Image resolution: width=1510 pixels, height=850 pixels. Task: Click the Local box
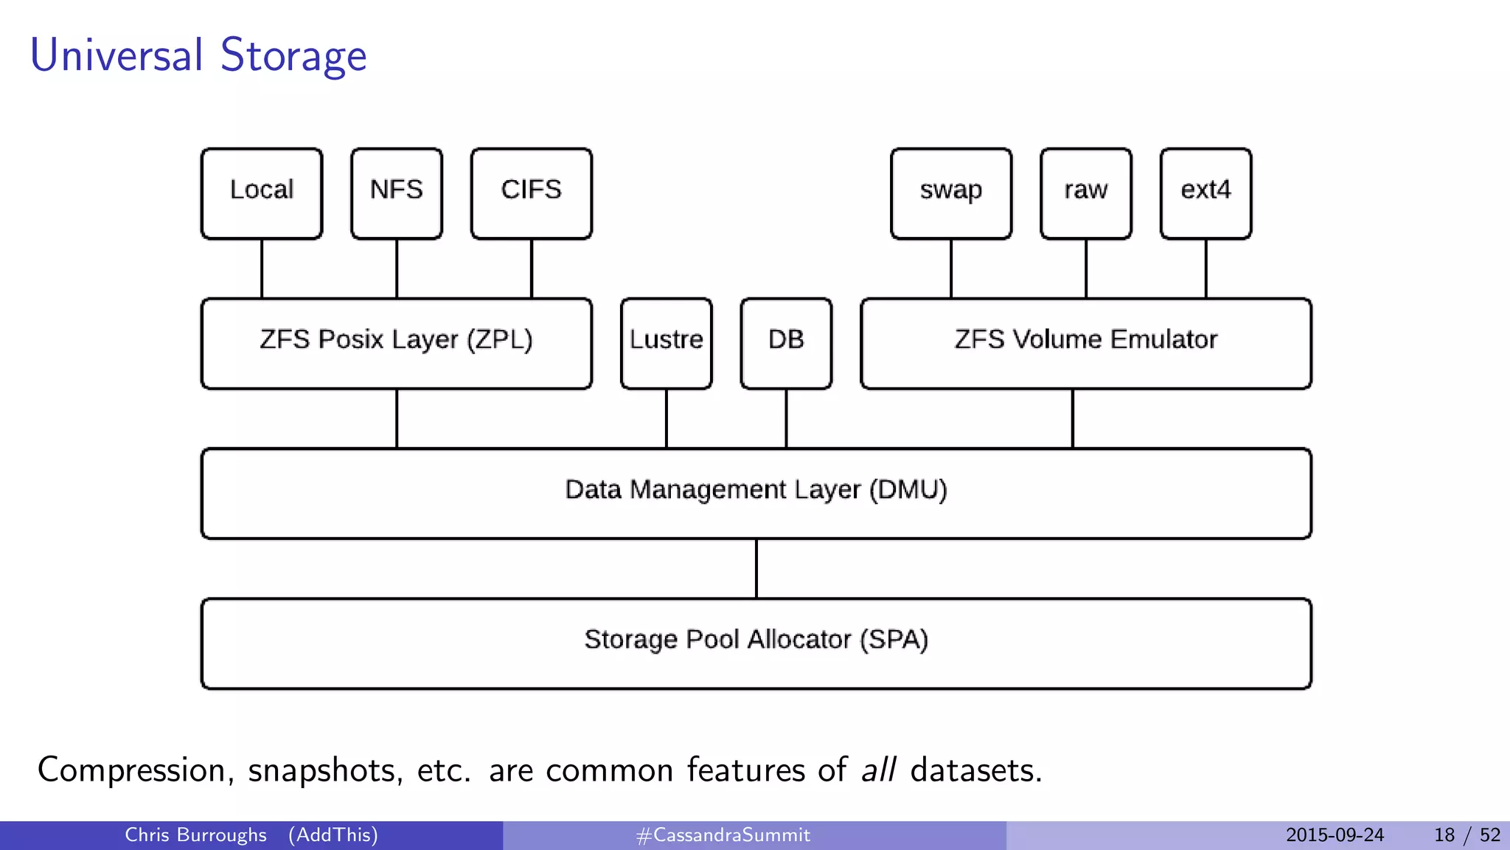(x=262, y=193)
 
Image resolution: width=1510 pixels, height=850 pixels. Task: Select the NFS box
(x=397, y=193)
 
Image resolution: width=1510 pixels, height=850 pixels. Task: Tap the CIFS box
(x=531, y=193)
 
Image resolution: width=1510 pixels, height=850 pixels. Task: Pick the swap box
(x=951, y=193)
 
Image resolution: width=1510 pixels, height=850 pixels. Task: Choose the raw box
(x=1086, y=193)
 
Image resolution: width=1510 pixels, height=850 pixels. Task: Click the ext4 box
(x=1205, y=193)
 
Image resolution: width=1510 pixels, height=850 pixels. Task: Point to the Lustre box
(x=667, y=343)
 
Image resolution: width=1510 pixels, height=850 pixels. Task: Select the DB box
(x=786, y=343)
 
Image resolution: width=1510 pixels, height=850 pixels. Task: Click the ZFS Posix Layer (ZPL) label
(x=397, y=339)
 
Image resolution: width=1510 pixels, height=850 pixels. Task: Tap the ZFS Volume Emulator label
(x=1086, y=339)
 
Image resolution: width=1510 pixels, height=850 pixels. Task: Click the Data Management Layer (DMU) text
(x=756, y=490)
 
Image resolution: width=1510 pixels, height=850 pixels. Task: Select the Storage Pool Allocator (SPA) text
(x=756, y=640)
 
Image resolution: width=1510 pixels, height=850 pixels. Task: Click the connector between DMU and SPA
(x=756, y=568)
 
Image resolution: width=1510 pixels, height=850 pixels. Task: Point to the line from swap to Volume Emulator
(x=951, y=269)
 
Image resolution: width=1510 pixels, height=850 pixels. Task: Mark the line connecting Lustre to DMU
(x=667, y=418)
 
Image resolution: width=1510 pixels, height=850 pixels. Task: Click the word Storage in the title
(x=293, y=56)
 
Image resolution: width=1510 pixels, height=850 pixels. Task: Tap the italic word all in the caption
(x=879, y=770)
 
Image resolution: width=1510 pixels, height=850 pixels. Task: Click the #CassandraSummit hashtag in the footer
(x=723, y=835)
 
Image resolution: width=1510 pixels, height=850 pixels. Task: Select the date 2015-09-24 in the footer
(x=1335, y=835)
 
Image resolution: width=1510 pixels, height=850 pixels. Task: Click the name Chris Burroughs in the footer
(x=195, y=835)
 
